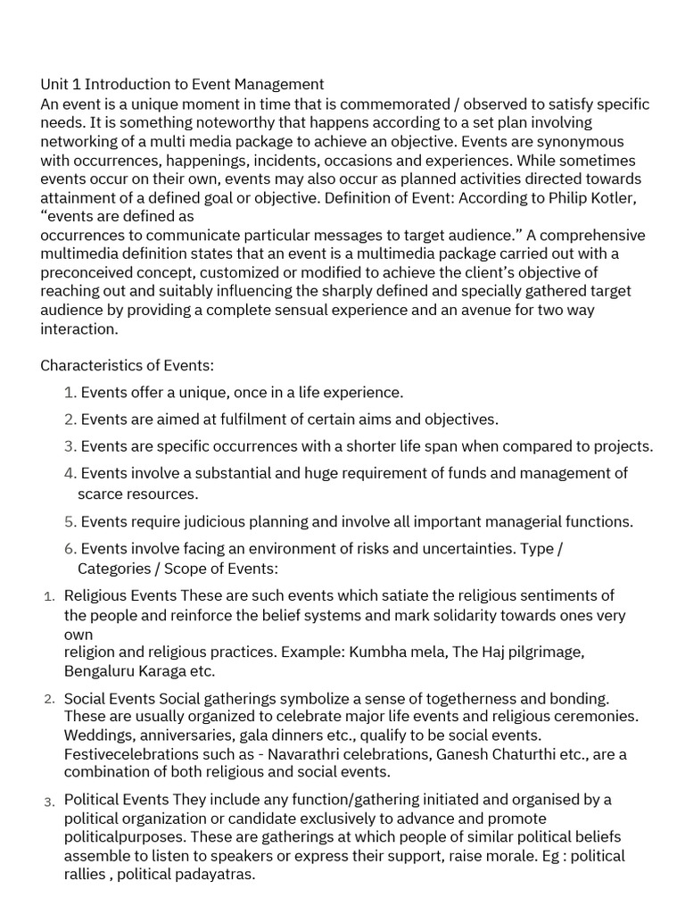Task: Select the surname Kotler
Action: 615,198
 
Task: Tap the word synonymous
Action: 582,142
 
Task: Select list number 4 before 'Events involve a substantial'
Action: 70,473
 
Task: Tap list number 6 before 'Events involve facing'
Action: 70,549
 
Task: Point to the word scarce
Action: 100,494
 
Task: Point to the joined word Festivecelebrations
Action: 134,754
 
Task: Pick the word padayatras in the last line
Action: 215,875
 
